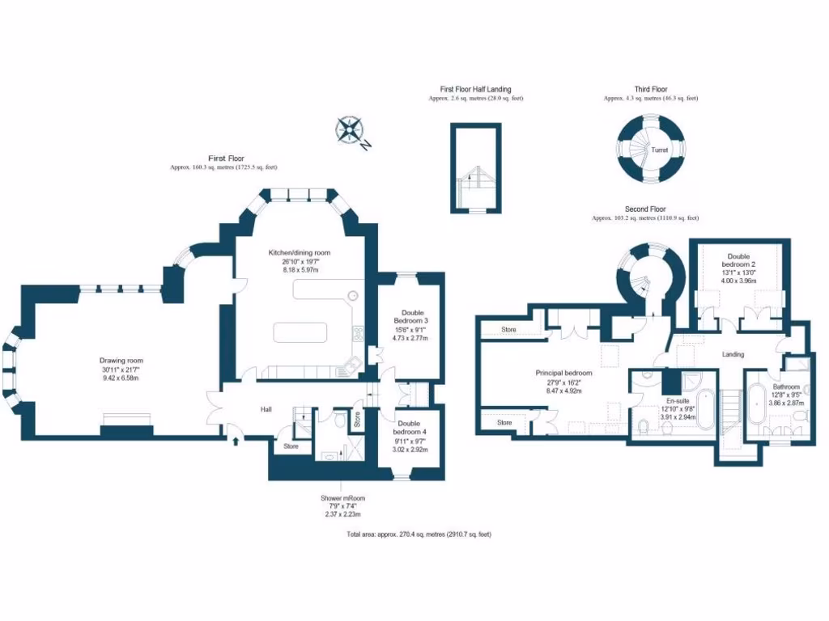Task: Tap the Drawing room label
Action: [121, 361]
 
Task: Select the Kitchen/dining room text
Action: [299, 253]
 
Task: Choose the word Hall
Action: [266, 410]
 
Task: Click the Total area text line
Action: [419, 534]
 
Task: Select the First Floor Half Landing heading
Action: [475, 90]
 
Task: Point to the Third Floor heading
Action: [650, 90]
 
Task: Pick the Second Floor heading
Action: [644, 209]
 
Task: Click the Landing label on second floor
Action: [732, 354]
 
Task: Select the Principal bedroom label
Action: [563, 373]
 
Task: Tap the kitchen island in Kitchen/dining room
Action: [300, 332]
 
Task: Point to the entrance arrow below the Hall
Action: [236, 441]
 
